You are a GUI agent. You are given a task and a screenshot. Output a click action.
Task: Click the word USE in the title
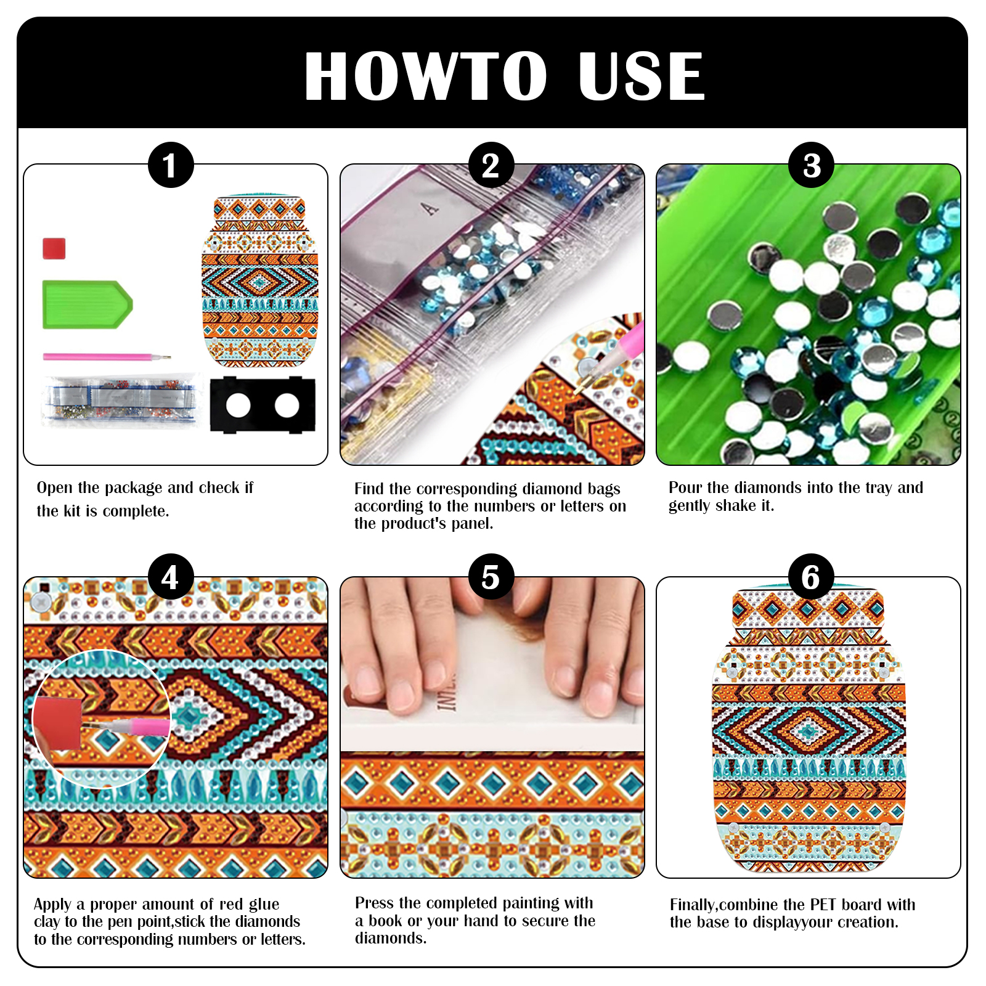tap(642, 76)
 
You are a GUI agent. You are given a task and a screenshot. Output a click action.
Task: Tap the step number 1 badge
tap(171, 165)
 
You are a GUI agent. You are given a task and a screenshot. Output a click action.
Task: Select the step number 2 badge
tap(491, 165)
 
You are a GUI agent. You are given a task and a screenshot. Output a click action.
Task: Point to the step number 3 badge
tap(812, 165)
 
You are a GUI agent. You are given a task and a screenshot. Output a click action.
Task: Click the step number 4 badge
tap(171, 577)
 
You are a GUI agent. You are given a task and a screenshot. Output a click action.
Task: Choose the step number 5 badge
tap(491, 577)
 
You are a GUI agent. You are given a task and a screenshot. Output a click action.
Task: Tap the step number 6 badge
tap(812, 577)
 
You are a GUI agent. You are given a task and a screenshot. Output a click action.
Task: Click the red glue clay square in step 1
tap(54, 248)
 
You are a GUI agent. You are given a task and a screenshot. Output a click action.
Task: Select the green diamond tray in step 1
tap(87, 304)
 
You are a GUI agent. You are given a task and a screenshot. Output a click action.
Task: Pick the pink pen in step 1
tap(106, 357)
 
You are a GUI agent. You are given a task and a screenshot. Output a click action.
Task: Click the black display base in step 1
tap(263, 404)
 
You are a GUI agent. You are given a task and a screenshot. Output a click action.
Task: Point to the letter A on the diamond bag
tap(430, 209)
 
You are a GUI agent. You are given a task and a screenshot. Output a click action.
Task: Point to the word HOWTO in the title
tap(426, 76)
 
